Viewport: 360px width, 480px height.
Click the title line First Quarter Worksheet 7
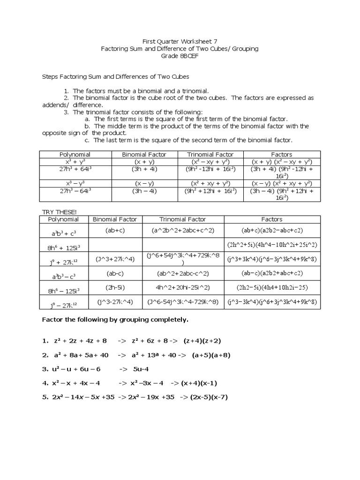click(180, 41)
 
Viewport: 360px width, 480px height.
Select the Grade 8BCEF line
click(180, 56)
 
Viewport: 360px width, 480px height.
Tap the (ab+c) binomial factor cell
click(114, 230)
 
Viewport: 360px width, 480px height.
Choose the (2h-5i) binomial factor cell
click(114, 287)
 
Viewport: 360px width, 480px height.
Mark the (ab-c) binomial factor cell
click(114, 273)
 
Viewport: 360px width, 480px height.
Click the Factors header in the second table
click(272, 219)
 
